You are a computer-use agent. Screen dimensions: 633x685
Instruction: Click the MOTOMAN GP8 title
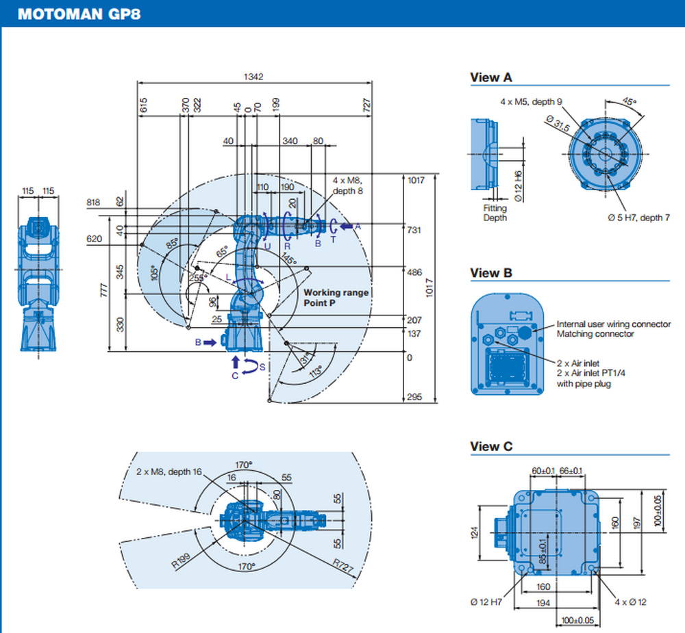(x=79, y=14)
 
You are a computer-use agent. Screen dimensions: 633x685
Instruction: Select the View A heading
(x=490, y=77)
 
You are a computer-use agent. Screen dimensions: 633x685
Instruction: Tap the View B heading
(x=490, y=272)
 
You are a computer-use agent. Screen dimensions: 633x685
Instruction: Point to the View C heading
(x=490, y=446)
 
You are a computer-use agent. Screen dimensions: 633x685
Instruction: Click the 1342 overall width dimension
(x=253, y=77)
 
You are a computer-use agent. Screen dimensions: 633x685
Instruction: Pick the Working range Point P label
(x=336, y=297)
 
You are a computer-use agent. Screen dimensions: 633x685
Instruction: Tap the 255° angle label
(x=199, y=277)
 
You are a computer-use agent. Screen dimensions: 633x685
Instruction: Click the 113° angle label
(x=316, y=372)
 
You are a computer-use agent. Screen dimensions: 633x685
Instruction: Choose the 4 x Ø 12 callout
(x=630, y=602)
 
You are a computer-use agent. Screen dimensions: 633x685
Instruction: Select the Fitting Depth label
(x=495, y=213)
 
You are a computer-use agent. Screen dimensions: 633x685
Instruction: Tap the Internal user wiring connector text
(x=613, y=324)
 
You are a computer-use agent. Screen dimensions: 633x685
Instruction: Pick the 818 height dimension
(x=94, y=203)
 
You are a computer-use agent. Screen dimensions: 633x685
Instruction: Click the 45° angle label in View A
(x=628, y=101)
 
